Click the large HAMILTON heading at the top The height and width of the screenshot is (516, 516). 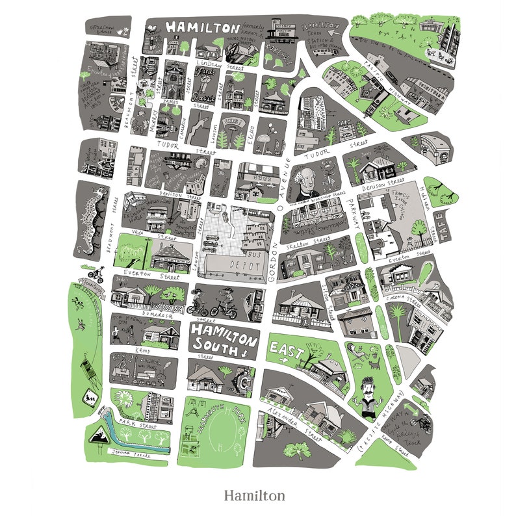(x=202, y=28)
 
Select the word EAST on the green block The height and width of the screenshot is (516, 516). (x=287, y=352)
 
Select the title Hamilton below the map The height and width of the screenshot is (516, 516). (x=254, y=496)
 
